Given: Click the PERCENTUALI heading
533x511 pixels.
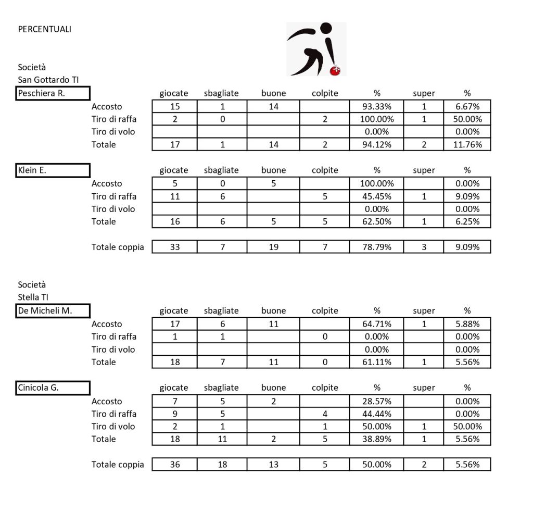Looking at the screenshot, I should point(45,29).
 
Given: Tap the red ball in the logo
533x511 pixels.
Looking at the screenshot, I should point(336,70).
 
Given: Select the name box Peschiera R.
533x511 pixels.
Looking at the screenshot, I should point(53,94).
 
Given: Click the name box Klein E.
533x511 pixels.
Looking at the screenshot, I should point(53,170).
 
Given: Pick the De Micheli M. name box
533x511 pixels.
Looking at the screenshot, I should point(53,311).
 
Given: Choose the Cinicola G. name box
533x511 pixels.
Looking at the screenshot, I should point(53,388).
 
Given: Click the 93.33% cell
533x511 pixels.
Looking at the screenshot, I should point(377,106).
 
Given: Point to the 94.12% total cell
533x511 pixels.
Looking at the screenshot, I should point(377,144).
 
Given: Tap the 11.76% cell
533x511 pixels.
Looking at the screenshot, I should point(467,144).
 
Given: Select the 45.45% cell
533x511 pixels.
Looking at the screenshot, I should point(377,196).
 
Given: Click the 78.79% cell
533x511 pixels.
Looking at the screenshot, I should point(377,247).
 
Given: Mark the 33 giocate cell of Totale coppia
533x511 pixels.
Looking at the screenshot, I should point(175,247).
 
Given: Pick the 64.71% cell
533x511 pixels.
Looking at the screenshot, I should point(377,324).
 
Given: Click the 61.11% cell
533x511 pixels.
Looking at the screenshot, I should point(377,362).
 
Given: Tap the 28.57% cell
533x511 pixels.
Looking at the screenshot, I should point(377,401).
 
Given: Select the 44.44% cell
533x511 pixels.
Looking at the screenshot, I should point(377,414).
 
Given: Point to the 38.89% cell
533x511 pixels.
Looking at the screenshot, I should point(377,439).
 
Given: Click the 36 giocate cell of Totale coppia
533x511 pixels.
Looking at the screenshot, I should point(175,464).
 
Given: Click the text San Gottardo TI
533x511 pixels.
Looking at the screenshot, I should point(48,80).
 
